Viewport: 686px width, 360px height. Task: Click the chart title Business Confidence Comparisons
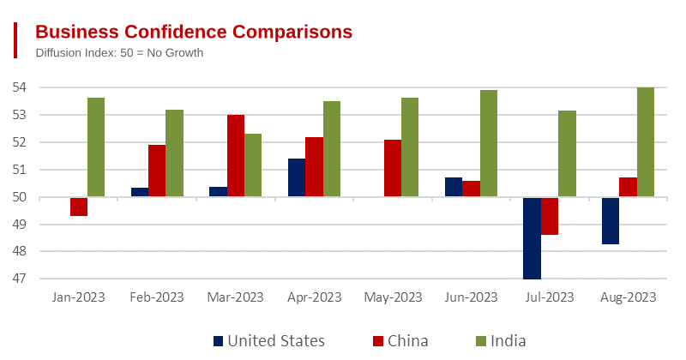click(193, 32)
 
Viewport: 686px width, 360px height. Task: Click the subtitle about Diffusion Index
click(119, 53)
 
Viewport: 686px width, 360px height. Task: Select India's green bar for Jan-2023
click(96, 147)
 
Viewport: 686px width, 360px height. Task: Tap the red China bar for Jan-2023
click(79, 207)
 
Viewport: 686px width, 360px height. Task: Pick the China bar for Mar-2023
click(236, 156)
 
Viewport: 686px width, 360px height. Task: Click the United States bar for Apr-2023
click(297, 177)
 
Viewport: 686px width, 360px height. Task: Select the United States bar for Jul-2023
click(533, 238)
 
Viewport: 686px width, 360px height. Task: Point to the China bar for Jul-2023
click(550, 216)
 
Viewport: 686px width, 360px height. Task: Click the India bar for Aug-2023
click(646, 142)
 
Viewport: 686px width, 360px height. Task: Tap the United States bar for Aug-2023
click(611, 221)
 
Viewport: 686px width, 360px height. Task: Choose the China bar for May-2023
click(393, 168)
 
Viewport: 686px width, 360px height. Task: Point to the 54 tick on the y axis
click(20, 87)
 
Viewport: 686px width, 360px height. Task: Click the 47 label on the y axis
click(20, 279)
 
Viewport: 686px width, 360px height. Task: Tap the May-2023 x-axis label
click(393, 297)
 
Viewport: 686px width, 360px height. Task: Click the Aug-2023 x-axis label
click(628, 297)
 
